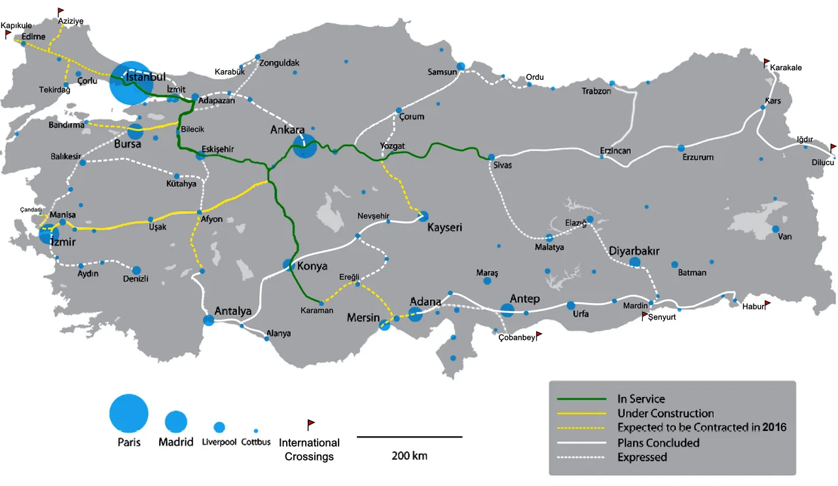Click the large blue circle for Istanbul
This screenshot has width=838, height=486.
point(131,83)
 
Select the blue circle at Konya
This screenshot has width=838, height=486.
point(288,265)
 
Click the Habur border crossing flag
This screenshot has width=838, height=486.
point(767,305)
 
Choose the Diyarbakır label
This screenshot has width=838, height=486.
point(634,251)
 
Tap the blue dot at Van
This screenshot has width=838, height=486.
point(775,229)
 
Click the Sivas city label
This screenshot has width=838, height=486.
point(503,165)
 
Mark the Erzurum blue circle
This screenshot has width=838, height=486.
point(681,148)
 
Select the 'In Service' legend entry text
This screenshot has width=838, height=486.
point(640,399)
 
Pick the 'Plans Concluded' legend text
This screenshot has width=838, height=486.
point(658,443)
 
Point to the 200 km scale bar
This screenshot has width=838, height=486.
point(409,436)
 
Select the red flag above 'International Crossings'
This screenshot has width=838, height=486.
point(311,425)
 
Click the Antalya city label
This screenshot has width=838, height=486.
point(233,311)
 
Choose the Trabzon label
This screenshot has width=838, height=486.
point(596,91)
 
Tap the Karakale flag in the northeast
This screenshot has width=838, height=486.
point(767,63)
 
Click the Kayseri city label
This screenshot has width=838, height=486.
point(445,228)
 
